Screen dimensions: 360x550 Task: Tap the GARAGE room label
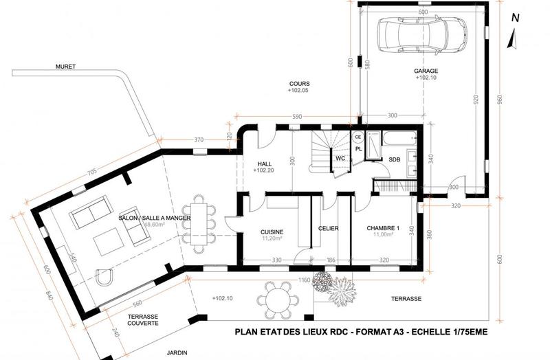pyautogui.click(x=426, y=71)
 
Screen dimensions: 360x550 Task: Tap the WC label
pyautogui.click(x=340, y=159)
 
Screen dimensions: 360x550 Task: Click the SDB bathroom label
pyautogui.click(x=395, y=159)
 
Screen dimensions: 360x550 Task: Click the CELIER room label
pyautogui.click(x=329, y=228)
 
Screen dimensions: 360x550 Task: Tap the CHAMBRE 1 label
pyautogui.click(x=383, y=228)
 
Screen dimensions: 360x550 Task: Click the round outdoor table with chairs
pyautogui.click(x=276, y=301)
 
